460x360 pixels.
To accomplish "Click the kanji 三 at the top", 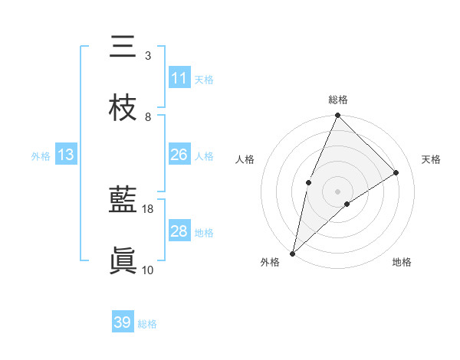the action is click(123, 47).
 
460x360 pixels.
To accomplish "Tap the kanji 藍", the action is click(123, 201).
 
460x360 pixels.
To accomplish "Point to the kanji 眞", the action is click(123, 261).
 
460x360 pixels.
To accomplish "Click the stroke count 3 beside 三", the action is click(148, 56).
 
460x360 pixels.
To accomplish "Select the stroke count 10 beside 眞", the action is click(148, 270).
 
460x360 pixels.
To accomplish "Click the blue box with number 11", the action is click(179, 78).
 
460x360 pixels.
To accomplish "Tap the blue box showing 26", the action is click(179, 155).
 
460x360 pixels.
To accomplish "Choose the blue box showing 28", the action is click(179, 231).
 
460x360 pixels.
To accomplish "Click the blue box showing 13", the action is click(65, 155).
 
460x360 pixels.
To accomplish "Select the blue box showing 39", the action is click(123, 322).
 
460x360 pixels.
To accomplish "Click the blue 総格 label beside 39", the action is click(148, 324).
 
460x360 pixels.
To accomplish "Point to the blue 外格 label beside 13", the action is click(41, 156).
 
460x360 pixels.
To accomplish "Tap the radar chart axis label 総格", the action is click(338, 100).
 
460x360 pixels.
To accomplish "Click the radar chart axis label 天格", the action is click(432, 159).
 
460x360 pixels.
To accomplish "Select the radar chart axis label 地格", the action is click(402, 263).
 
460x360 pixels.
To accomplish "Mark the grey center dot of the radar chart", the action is click(337, 191).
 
